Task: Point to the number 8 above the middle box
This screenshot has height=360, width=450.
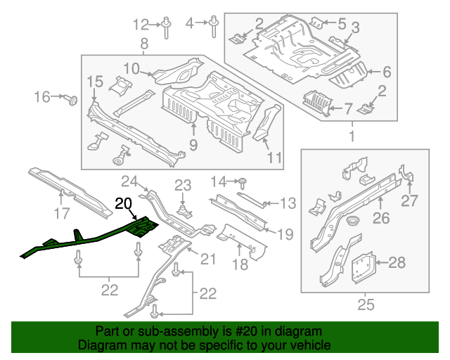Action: [144, 45]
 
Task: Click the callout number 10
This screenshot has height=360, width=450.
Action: [131, 67]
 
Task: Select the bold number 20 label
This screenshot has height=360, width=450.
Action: [124, 204]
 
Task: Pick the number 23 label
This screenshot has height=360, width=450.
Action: [183, 186]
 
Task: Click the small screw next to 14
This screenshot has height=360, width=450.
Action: [241, 182]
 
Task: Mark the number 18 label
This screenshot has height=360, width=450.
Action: [240, 264]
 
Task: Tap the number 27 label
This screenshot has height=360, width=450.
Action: [410, 202]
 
